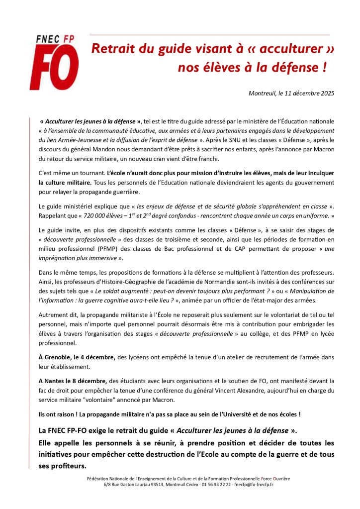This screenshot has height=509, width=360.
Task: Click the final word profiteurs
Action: point(68,466)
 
